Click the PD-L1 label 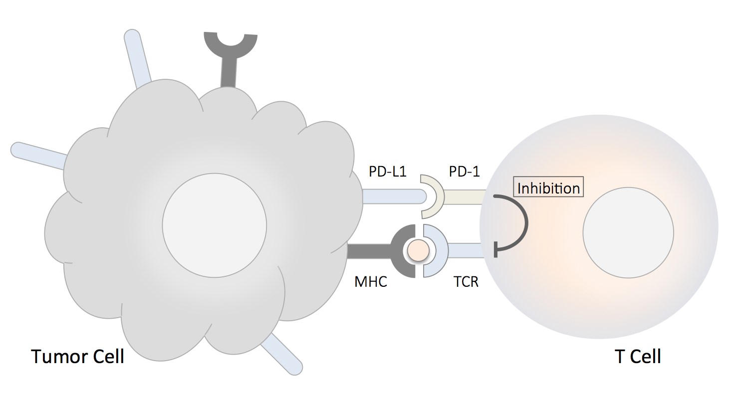point(388,172)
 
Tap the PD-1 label point(464,172)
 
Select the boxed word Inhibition point(548,189)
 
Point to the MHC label point(371,282)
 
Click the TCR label point(466,282)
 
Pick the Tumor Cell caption point(77,357)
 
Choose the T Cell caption point(638,357)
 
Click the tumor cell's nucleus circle point(214,224)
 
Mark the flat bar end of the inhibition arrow point(495,249)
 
